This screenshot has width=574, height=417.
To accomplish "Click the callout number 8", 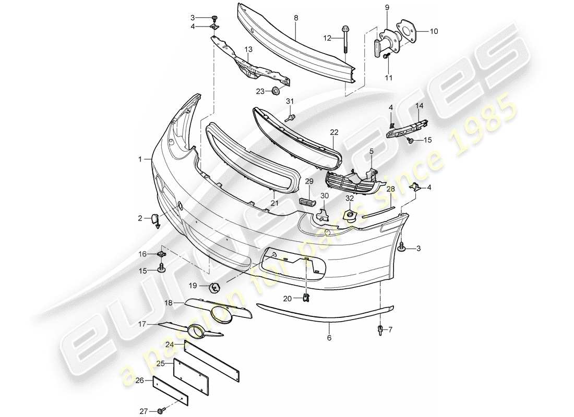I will tap(296, 18).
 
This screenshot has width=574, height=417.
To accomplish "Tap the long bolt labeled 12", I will tap(345, 39).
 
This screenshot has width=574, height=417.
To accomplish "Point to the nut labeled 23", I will tap(275, 92).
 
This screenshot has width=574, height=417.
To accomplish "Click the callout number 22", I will tap(334, 132).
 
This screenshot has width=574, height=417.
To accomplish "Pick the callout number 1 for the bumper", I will tap(140, 158).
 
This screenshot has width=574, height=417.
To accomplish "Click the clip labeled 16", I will tap(161, 254).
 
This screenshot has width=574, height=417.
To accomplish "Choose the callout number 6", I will tap(330, 338).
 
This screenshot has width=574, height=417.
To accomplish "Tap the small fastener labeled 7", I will tap(380, 329).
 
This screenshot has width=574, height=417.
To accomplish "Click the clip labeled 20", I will tap(307, 298).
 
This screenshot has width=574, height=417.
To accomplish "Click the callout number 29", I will tap(309, 180).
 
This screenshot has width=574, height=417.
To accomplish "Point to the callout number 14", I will tap(419, 105).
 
